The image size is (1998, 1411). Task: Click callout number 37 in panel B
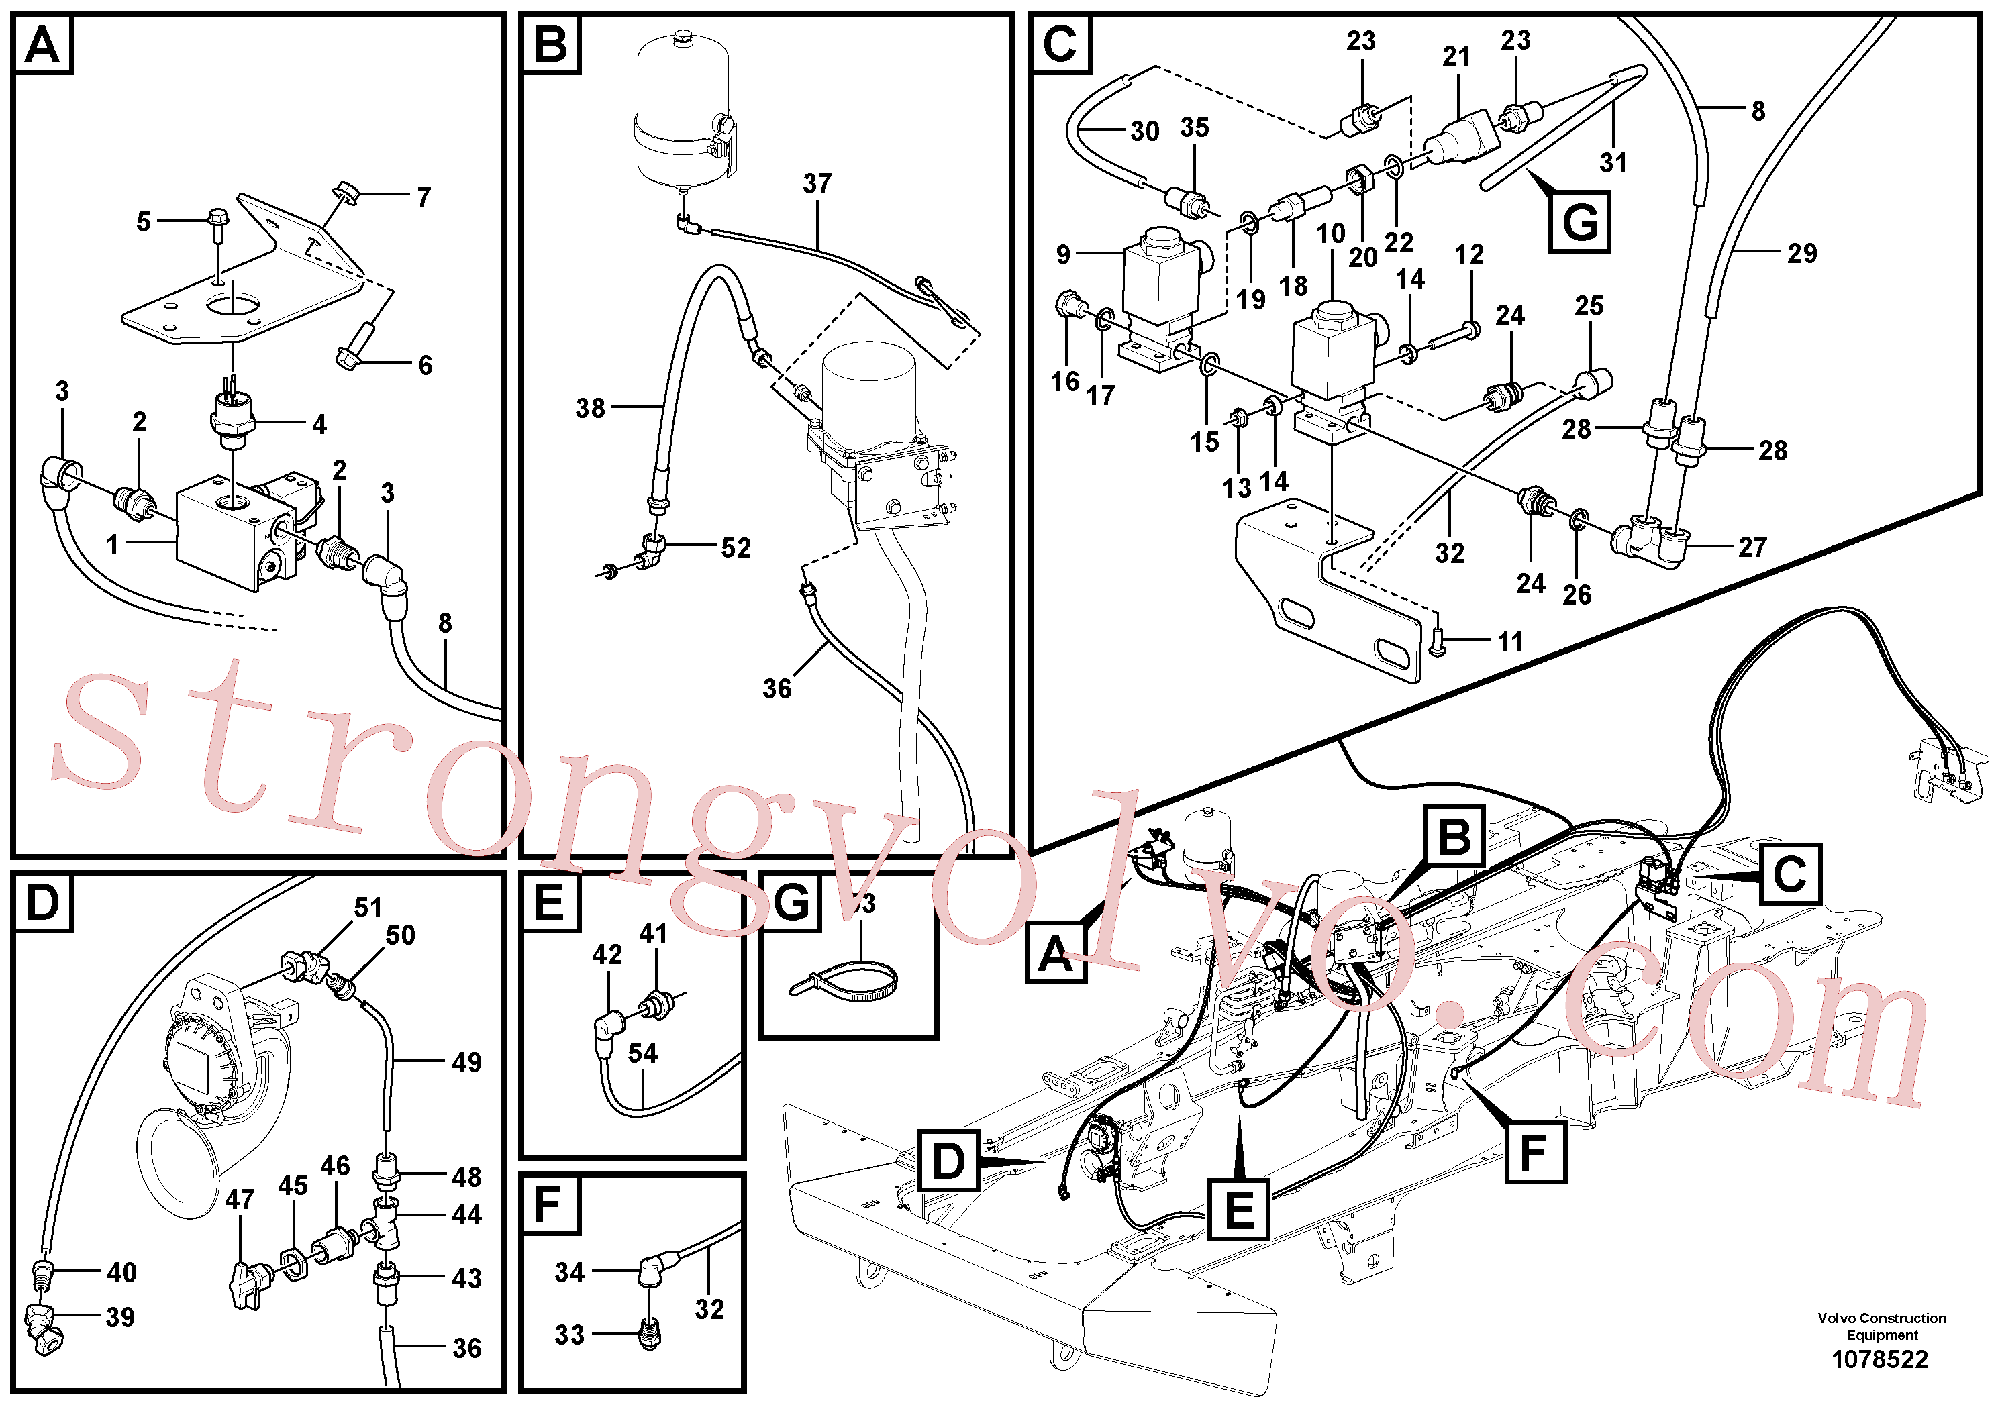coord(817,184)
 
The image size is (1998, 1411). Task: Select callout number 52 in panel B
coord(736,547)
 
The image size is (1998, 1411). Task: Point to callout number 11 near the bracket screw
coord(1511,642)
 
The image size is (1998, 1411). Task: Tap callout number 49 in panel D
coord(467,1062)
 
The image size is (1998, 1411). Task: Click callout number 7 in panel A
coord(423,197)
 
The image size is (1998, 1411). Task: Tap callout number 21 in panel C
coord(1456,56)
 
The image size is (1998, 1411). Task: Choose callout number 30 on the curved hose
coord(1145,132)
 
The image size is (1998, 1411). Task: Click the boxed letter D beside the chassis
coord(948,1162)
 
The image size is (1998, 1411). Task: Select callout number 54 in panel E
coord(643,1053)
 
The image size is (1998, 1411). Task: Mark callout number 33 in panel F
coord(570,1335)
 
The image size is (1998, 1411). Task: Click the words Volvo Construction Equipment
coord(1881,1326)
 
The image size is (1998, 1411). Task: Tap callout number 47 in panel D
coord(240,1200)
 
